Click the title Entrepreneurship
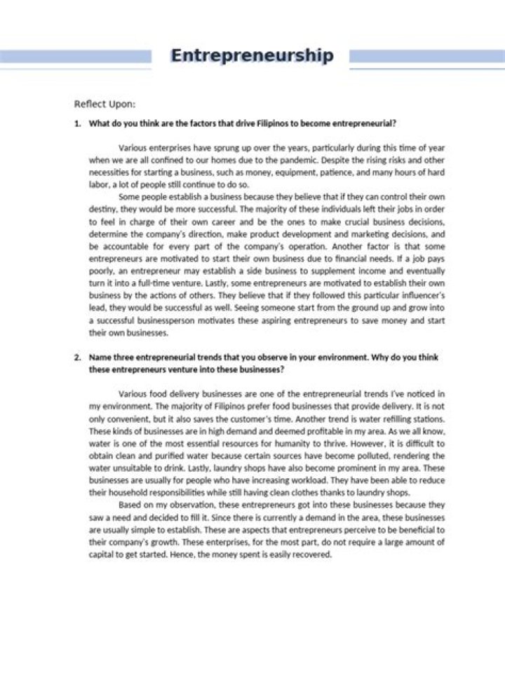(252, 56)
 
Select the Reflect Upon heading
(105, 104)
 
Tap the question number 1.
(77, 124)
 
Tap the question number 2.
(77, 357)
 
